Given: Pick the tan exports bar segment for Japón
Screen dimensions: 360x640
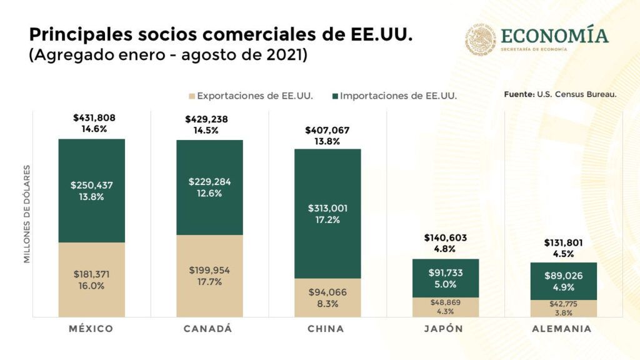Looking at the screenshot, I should [x=446, y=307].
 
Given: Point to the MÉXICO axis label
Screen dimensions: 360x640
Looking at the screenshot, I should [x=91, y=329].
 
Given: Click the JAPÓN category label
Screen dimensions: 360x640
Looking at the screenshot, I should [x=446, y=329].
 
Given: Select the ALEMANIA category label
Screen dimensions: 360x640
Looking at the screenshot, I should [x=563, y=329].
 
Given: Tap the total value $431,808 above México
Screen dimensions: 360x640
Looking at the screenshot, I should [x=94, y=117].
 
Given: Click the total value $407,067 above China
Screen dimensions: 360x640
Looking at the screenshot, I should [x=327, y=130].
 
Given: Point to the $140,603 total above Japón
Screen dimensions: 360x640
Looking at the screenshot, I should [x=446, y=237].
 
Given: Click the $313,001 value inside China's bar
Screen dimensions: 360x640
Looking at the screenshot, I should [x=327, y=208].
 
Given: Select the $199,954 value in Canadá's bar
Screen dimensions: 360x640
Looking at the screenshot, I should [x=210, y=270].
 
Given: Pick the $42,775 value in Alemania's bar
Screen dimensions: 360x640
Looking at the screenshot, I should [x=564, y=304].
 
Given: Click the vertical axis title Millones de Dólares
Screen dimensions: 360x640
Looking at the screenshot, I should [x=27, y=214].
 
